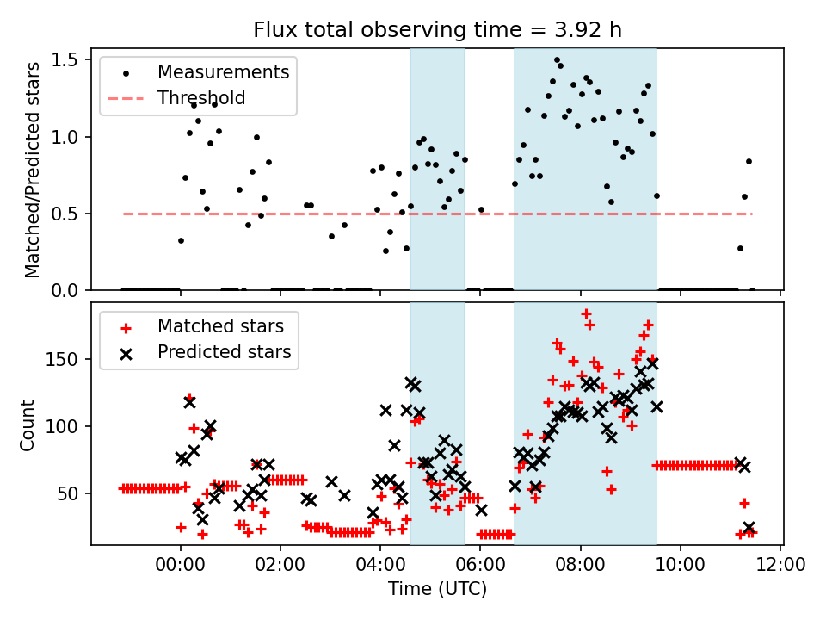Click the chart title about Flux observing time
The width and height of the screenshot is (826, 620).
[437, 30]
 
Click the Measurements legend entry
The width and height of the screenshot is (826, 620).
[223, 72]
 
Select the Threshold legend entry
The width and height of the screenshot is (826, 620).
[201, 98]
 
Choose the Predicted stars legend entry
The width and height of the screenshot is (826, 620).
[224, 352]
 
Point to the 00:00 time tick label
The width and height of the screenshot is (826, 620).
[181, 568]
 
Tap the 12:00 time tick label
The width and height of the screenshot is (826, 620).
[780, 568]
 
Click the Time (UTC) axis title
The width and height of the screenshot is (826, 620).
[437, 590]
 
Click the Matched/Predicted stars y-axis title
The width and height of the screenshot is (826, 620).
[33, 170]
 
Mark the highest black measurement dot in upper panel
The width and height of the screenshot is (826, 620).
[557, 59]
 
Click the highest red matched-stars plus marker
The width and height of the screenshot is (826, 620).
[586, 314]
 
